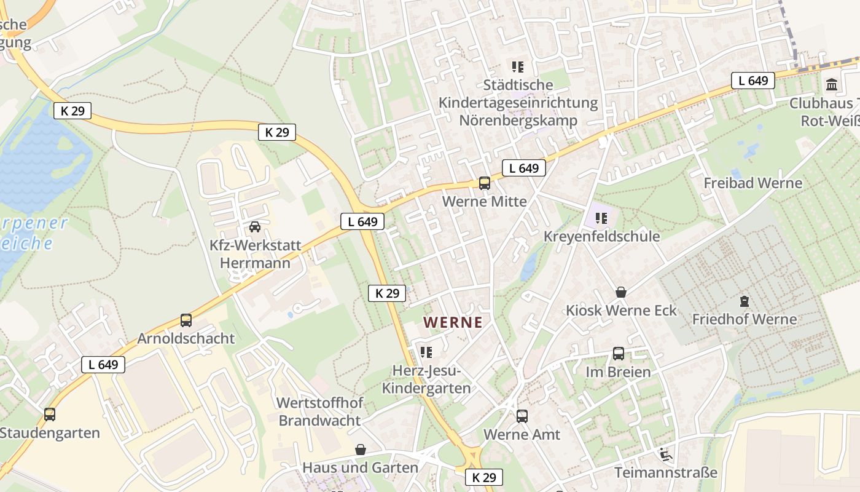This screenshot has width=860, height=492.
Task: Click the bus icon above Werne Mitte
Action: tap(484, 183)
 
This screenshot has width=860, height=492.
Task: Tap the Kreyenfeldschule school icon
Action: tap(601, 218)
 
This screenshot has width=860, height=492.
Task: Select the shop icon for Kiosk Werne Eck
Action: tap(621, 292)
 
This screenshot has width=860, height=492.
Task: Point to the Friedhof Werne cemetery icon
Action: tap(745, 301)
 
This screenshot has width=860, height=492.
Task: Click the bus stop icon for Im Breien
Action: tap(618, 354)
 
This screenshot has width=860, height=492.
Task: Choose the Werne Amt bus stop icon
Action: tap(522, 416)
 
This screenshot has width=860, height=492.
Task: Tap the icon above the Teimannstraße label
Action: tap(665, 455)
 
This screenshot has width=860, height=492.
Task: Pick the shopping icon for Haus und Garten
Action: tap(361, 450)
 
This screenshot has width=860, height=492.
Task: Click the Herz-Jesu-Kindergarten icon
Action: tap(426, 352)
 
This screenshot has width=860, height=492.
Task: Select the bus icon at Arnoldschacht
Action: tap(186, 320)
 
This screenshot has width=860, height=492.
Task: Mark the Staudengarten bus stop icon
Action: tap(50, 415)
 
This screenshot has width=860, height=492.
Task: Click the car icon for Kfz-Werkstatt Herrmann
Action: tap(255, 227)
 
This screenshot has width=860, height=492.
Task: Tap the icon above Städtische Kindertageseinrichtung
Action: tap(518, 66)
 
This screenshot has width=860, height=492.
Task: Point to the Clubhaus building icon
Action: tap(832, 85)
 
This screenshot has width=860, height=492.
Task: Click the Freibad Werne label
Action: tap(752, 183)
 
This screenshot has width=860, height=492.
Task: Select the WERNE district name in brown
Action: tap(453, 322)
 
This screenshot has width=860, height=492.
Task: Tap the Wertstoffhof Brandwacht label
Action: tap(319, 411)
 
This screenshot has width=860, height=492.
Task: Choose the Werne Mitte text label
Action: tap(484, 201)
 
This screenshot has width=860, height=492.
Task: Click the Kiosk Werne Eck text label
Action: tap(621, 310)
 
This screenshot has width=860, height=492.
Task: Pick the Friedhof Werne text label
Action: tap(744, 319)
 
